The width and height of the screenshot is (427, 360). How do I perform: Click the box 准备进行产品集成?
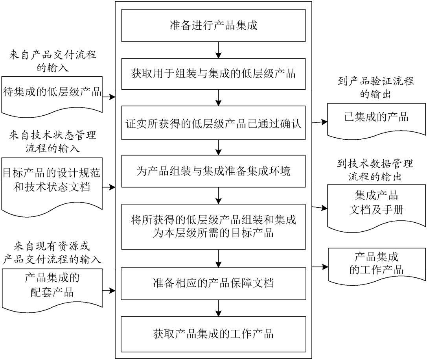[x=213, y=26]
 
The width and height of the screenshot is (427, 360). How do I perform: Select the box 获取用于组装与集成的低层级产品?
[x=213, y=74]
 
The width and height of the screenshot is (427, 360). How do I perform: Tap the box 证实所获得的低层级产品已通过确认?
[x=213, y=123]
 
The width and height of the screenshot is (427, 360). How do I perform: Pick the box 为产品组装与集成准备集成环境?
[x=213, y=172]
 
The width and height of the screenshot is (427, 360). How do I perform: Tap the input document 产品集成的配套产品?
[x=52, y=286]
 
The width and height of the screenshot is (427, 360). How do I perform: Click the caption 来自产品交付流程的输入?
[x=53, y=61]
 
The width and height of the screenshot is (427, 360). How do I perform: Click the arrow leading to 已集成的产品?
[x=320, y=122]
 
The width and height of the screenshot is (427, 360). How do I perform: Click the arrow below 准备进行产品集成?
[x=218, y=50]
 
